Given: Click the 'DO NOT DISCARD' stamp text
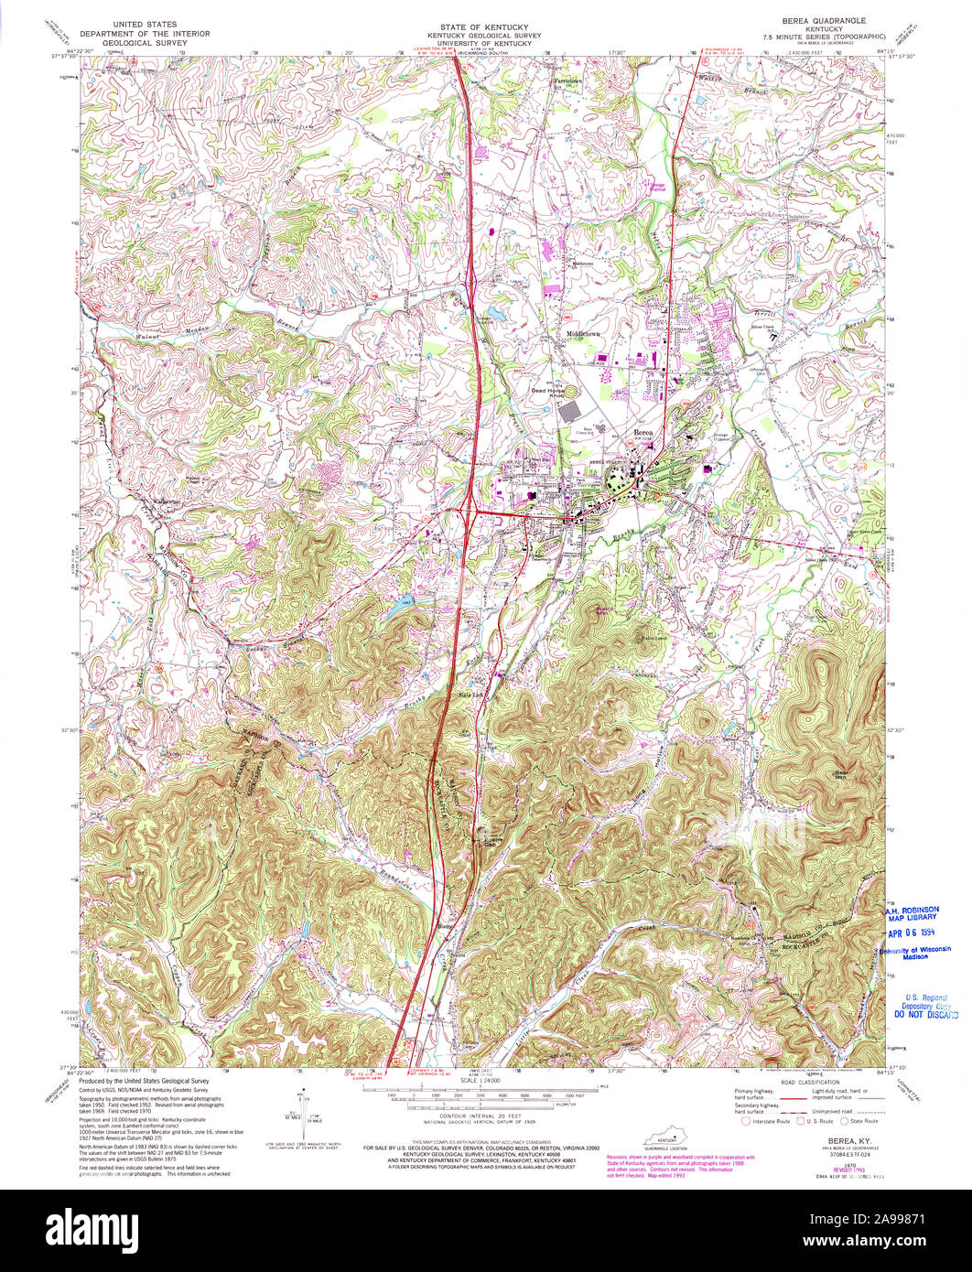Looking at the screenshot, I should [x=926, y=1015].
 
